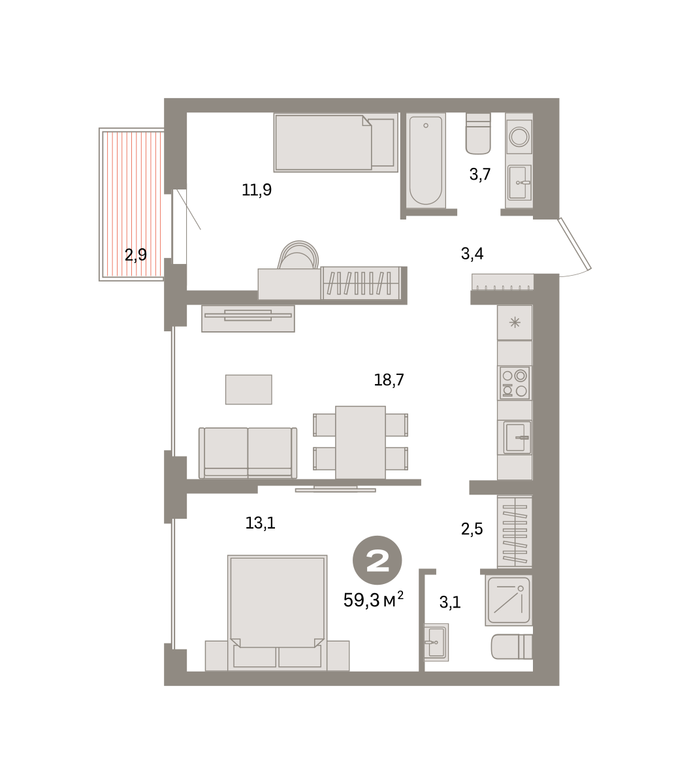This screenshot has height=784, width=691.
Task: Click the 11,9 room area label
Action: (x=257, y=189)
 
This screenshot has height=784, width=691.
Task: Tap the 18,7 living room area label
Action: (x=389, y=380)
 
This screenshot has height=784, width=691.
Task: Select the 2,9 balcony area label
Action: (x=135, y=255)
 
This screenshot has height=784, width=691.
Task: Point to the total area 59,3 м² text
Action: (x=374, y=600)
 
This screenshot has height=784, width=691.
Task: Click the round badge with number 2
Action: (x=378, y=561)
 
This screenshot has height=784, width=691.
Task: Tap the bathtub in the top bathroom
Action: (x=426, y=160)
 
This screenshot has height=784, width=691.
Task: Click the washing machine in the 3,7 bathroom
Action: (x=519, y=136)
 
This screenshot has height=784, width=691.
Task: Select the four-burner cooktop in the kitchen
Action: (x=515, y=383)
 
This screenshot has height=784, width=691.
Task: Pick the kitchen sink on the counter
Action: (x=517, y=437)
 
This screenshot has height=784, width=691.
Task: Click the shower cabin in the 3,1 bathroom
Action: (x=508, y=600)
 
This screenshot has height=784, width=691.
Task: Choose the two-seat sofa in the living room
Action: (x=248, y=453)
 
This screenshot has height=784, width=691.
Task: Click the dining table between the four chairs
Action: (x=361, y=442)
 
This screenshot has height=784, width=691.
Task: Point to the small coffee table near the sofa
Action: (x=248, y=389)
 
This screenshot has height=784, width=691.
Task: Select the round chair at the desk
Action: (x=298, y=255)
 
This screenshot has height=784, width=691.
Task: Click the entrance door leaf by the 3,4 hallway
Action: (x=574, y=244)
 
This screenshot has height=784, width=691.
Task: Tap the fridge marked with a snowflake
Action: (x=515, y=322)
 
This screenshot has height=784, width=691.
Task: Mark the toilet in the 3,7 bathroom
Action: (x=478, y=133)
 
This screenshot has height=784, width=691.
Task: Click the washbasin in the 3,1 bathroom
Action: (x=436, y=642)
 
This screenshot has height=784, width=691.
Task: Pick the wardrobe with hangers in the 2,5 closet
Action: (x=515, y=532)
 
